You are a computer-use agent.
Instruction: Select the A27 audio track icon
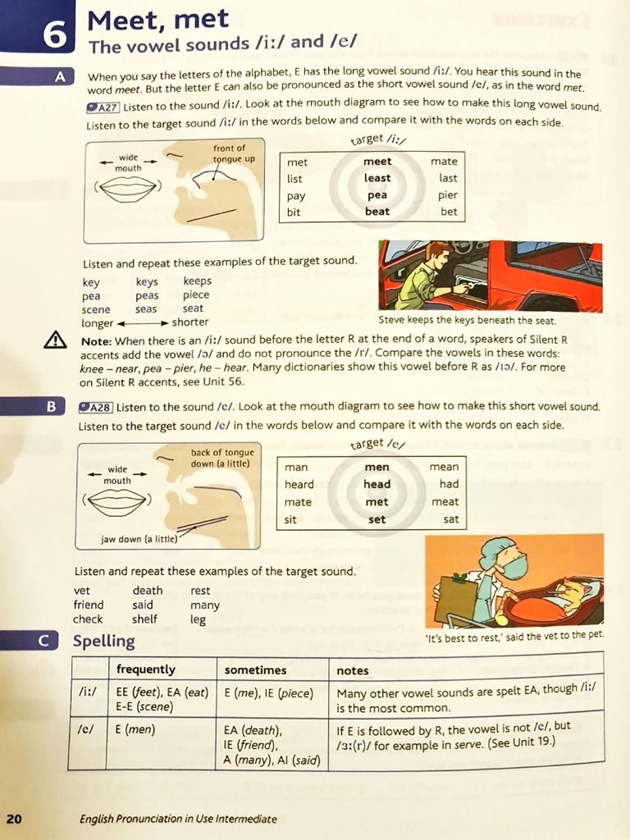103,107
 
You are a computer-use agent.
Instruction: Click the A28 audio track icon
96,407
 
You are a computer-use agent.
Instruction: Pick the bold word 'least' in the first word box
377,178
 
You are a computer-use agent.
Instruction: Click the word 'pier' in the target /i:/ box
448,195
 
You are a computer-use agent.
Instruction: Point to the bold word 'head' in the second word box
377,484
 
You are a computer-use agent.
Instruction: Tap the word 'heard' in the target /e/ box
299,484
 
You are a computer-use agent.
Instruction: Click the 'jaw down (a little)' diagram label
138,540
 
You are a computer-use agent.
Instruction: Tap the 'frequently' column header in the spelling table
146,670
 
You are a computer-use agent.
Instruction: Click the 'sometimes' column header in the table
255,670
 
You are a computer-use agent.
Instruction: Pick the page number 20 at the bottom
14,818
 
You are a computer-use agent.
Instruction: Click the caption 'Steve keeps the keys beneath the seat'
467,321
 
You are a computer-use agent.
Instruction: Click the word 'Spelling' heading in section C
103,641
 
